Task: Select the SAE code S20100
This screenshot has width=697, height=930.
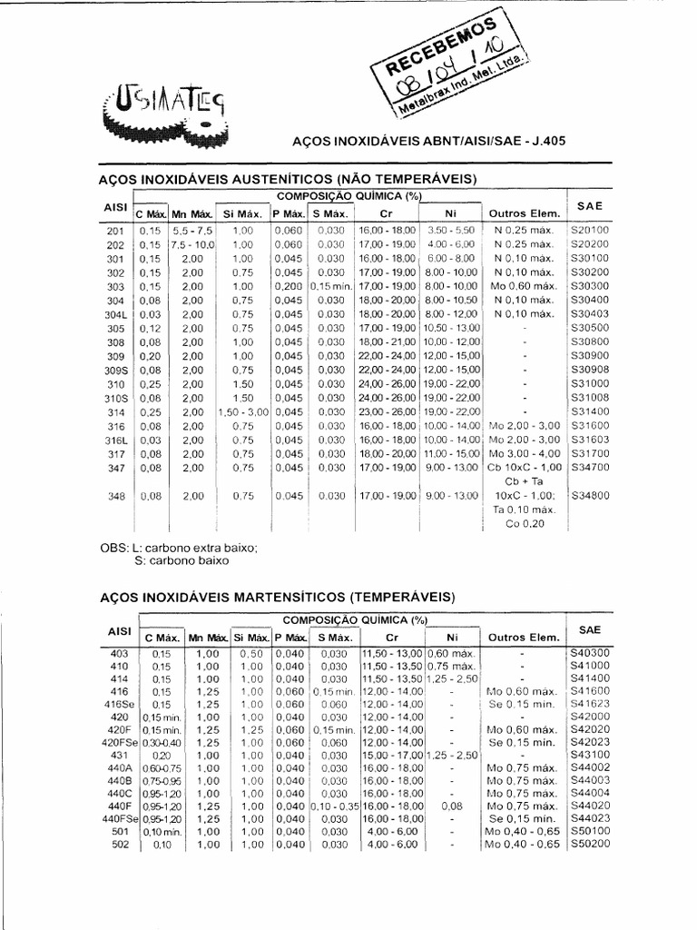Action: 590,231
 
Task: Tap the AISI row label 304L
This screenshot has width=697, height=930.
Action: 115,314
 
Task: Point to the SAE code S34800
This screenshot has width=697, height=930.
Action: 590,496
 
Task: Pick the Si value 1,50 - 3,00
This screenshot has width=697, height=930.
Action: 242,412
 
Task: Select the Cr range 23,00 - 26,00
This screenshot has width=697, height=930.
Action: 388,412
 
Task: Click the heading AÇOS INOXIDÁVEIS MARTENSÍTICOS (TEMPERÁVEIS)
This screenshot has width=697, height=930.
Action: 275,597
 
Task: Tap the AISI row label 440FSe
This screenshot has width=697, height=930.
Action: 121,817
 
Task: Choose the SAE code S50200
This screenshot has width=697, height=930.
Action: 590,845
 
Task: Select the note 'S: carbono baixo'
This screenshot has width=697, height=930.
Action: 182,561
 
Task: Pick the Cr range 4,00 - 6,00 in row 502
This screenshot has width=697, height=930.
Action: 392,845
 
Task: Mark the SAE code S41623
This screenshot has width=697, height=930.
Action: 590,704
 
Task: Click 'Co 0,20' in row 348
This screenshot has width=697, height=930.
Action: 525,524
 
